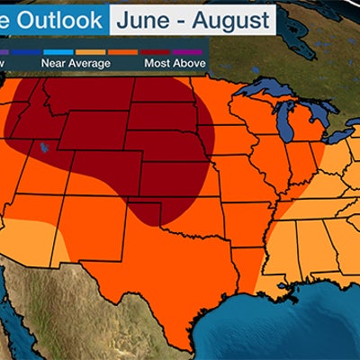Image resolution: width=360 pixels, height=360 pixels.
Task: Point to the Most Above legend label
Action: click(x=176, y=63)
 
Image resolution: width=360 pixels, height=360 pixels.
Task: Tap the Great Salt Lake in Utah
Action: click(x=41, y=147)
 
